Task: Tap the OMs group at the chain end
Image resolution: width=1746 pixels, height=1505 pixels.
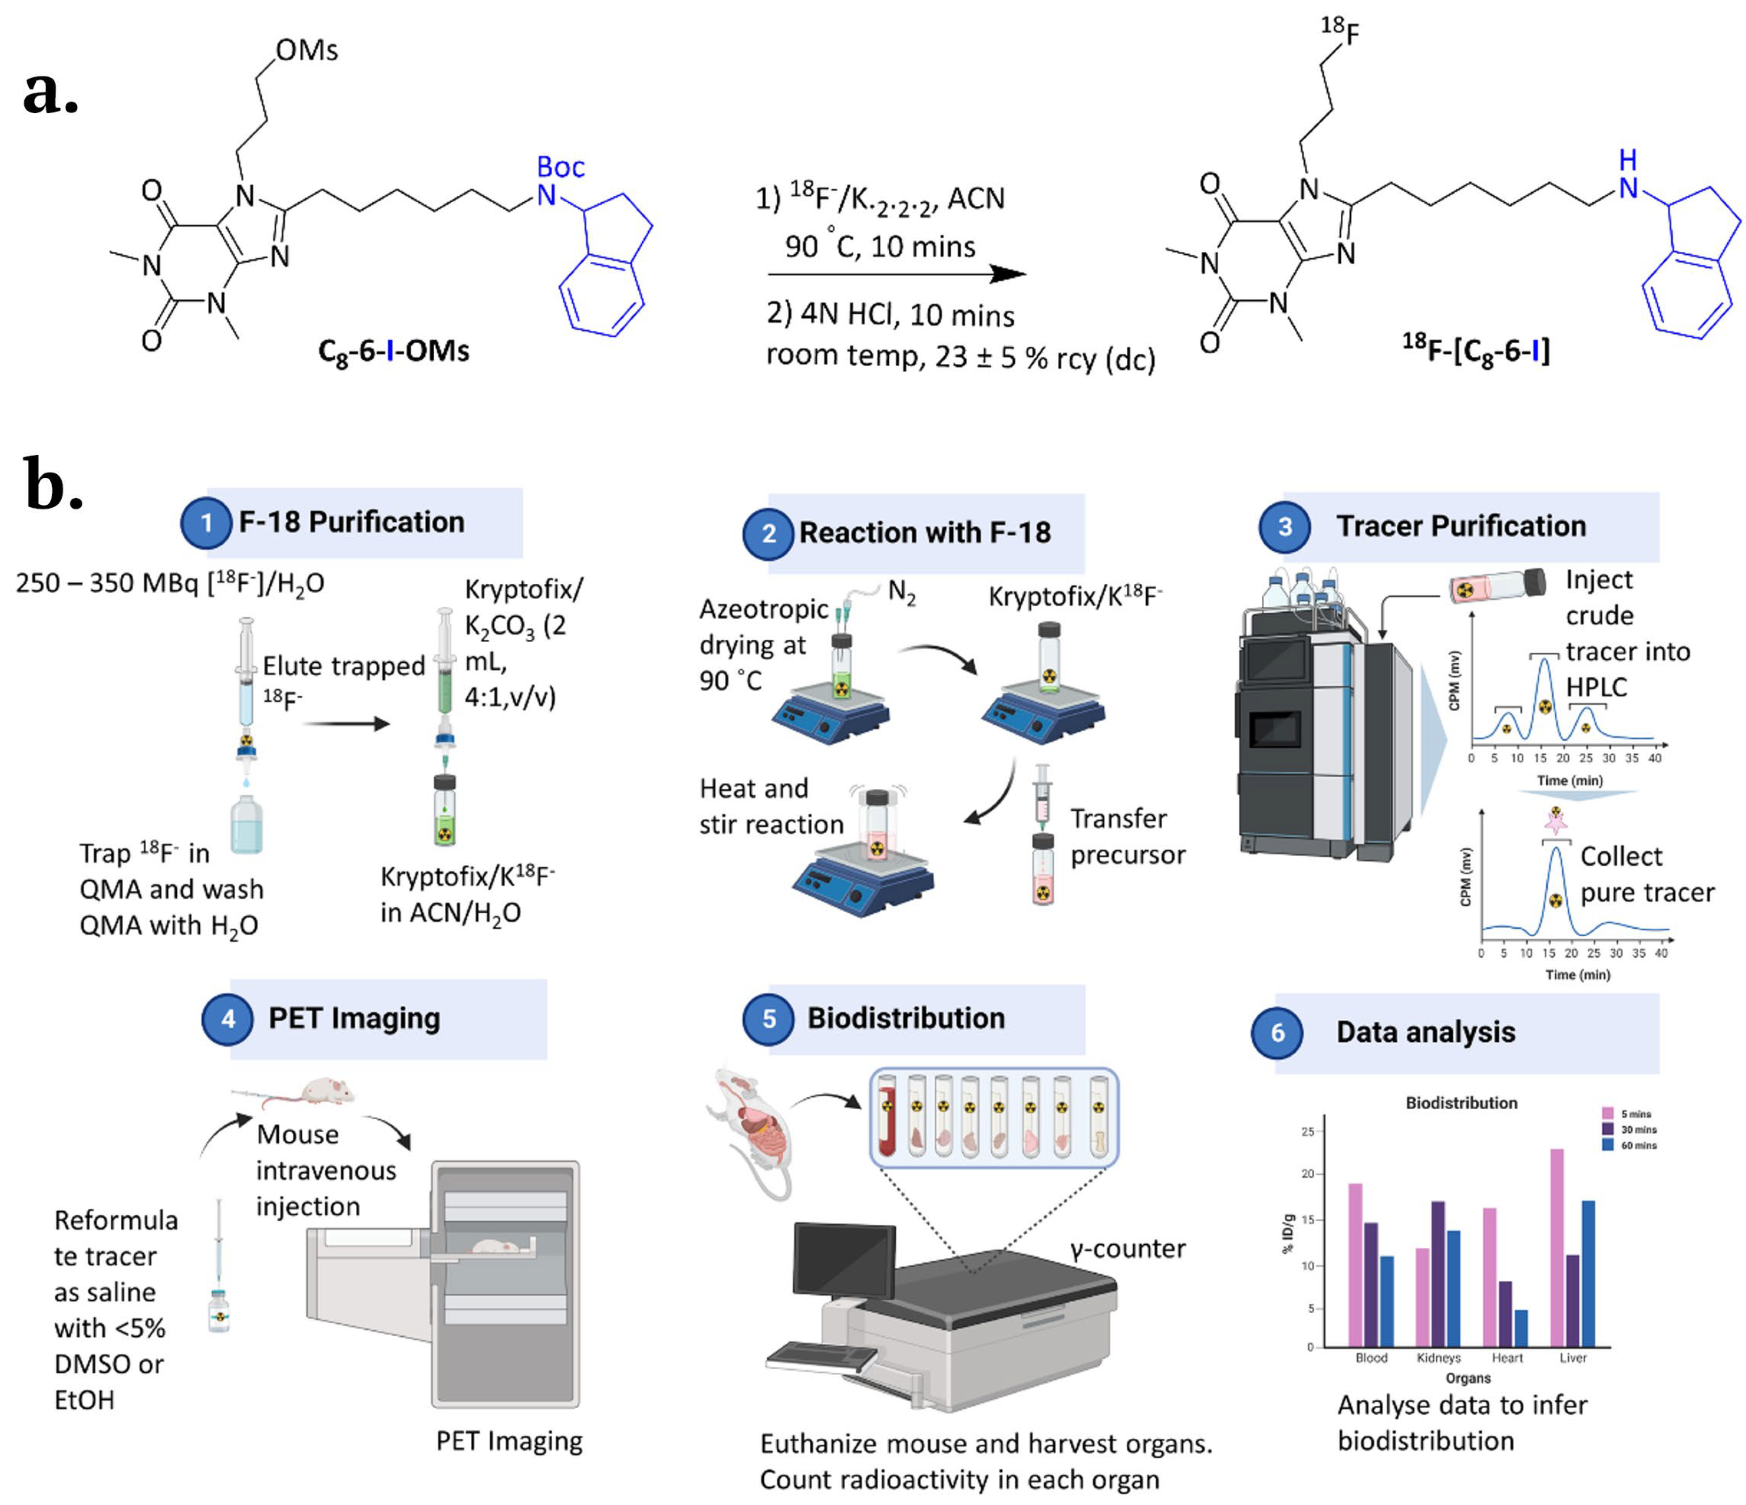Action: pyautogui.click(x=307, y=51)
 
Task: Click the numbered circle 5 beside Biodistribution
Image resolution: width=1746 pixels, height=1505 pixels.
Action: pyautogui.click(x=768, y=1019)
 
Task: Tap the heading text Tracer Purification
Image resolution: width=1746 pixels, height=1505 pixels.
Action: pyautogui.click(x=1461, y=526)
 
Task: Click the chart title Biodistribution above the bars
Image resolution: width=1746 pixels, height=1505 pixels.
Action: pyautogui.click(x=1461, y=1103)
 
